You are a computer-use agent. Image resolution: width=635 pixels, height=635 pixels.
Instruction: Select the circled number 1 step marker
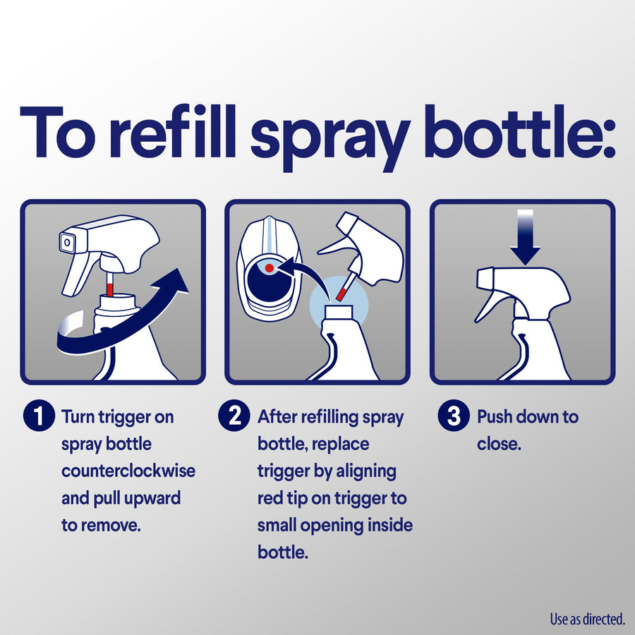(38, 417)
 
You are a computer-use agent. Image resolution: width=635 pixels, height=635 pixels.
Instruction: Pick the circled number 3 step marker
(454, 417)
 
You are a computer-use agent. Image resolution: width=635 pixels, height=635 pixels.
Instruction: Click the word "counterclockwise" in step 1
(128, 471)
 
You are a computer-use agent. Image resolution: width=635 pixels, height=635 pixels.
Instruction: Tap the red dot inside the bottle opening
(270, 268)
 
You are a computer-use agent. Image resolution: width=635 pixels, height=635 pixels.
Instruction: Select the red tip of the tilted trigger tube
(341, 291)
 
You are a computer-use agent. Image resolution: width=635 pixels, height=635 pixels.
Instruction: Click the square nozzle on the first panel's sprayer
(66, 243)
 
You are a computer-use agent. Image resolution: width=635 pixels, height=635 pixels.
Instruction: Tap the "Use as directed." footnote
(587, 619)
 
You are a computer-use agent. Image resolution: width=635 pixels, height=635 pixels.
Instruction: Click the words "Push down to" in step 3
(528, 417)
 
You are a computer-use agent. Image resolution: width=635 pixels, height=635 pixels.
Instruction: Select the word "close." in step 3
(499, 445)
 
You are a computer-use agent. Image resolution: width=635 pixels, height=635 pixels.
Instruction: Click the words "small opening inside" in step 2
(335, 526)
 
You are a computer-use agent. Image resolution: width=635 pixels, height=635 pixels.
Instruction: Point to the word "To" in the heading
(59, 134)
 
